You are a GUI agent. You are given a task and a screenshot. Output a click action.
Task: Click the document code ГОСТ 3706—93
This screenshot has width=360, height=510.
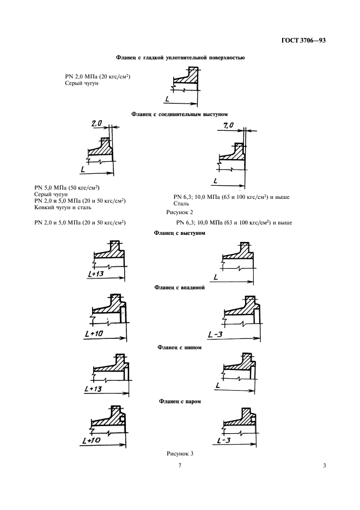307,40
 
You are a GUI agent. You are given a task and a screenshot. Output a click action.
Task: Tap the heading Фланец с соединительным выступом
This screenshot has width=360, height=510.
180,114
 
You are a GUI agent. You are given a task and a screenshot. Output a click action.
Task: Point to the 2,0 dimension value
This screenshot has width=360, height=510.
97,124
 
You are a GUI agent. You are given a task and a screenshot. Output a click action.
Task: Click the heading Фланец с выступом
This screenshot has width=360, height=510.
180,233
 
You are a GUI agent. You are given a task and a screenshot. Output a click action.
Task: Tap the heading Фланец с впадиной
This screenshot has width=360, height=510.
180,286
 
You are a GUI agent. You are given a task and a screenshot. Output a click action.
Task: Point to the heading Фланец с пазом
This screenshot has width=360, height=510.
180,402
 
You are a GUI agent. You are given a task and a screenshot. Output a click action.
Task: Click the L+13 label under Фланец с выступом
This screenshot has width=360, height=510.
95,274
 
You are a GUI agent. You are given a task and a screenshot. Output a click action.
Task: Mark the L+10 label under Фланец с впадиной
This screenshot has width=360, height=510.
94,333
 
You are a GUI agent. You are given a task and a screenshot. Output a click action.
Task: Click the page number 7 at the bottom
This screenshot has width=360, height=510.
179,466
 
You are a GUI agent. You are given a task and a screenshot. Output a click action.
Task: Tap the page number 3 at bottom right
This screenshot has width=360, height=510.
324,466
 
